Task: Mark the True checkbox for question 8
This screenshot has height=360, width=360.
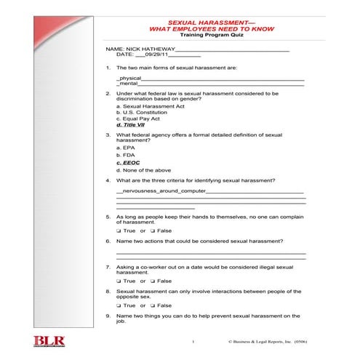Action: [118, 305]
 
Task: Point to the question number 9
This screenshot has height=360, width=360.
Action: [108, 316]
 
